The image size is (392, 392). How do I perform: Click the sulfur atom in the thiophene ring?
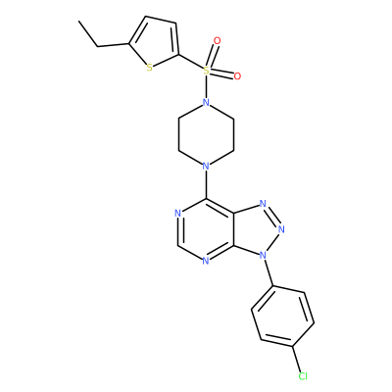tap(149, 68)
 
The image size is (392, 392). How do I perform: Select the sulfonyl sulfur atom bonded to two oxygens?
tap(206, 70)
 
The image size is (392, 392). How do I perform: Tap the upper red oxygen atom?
tap(217, 41)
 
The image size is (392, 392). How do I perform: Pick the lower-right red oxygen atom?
tap(237, 76)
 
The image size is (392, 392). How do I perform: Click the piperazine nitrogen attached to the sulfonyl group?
tap(206, 103)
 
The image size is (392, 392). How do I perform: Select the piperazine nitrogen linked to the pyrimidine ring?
tap(206, 167)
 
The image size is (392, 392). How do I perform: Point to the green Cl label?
tap(303, 376)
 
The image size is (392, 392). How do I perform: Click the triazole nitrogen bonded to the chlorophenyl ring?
tap(262, 255)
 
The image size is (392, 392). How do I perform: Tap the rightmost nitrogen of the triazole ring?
tap(281, 229)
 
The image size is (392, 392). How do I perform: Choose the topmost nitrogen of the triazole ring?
tap(263, 204)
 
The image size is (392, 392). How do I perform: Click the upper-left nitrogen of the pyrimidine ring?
tap(178, 214)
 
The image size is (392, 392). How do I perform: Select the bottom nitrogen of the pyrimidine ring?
tap(205, 261)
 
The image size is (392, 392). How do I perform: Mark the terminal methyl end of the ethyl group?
tap(79, 22)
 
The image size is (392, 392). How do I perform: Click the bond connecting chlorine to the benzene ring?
tap(297, 359)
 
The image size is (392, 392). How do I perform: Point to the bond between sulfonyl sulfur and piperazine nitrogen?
tap(206, 86)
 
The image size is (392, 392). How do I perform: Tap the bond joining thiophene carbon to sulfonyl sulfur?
tap(190, 62)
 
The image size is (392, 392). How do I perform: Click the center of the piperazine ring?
tap(206, 134)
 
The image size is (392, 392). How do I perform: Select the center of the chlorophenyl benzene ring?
tap(283, 317)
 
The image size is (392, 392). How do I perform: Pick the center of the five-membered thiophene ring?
tap(154, 42)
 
